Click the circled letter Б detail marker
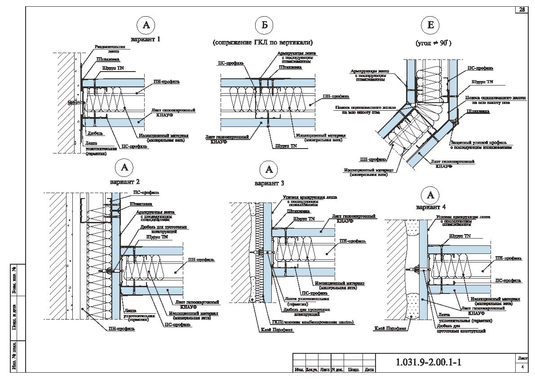[x=264, y=25]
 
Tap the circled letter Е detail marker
[x=430, y=25]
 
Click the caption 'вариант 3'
[x=269, y=183]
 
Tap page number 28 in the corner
[x=522, y=9]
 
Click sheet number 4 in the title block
[x=522, y=367]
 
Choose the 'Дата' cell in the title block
[x=369, y=370]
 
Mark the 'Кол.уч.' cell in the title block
[x=312, y=370]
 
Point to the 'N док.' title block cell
[x=337, y=370]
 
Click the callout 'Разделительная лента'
[x=106, y=49]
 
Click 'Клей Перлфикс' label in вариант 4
[x=390, y=329]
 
